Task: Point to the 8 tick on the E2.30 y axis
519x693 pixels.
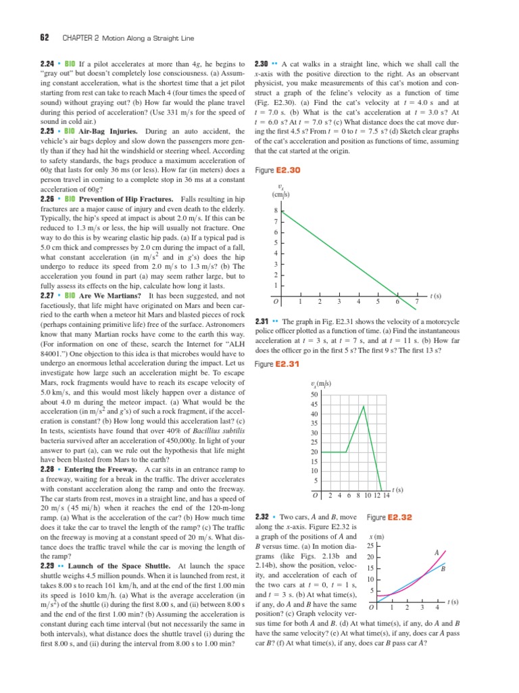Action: [x=276, y=210]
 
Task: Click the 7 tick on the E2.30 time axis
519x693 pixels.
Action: [x=417, y=301]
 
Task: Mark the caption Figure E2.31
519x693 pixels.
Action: [x=274, y=365]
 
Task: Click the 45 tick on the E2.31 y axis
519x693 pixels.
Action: [x=314, y=405]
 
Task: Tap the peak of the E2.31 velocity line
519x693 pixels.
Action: [x=364, y=405]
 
